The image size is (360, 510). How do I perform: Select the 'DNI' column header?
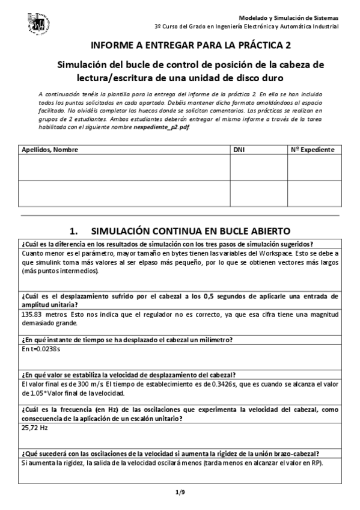[239, 150]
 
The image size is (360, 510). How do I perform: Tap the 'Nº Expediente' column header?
[312, 150]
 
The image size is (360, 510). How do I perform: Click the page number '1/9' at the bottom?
[180, 493]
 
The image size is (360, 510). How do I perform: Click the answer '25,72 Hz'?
[34, 428]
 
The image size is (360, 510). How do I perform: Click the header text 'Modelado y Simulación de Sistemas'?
[288, 18]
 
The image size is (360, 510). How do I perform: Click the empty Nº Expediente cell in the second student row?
[312, 192]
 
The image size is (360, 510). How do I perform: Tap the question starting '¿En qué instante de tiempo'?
[126, 340]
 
